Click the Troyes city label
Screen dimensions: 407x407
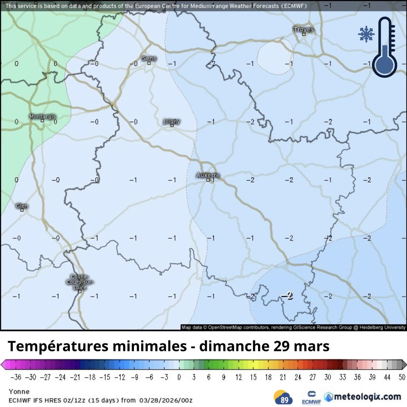coord(303,30)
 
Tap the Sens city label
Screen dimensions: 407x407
coord(149,58)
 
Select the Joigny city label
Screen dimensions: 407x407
coord(172,121)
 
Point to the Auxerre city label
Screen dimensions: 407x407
coord(208,175)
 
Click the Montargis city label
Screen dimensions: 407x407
coord(42,116)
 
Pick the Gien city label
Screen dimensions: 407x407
coord(22,206)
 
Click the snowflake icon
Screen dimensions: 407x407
coord(366,35)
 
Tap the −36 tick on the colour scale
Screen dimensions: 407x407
coord(16,377)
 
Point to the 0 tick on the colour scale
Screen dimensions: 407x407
coord(179,377)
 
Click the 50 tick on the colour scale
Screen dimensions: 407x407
coord(401,377)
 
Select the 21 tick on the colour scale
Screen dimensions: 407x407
coord(283,377)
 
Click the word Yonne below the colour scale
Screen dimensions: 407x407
coord(19,391)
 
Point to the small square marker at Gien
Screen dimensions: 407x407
coord(22,210)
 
